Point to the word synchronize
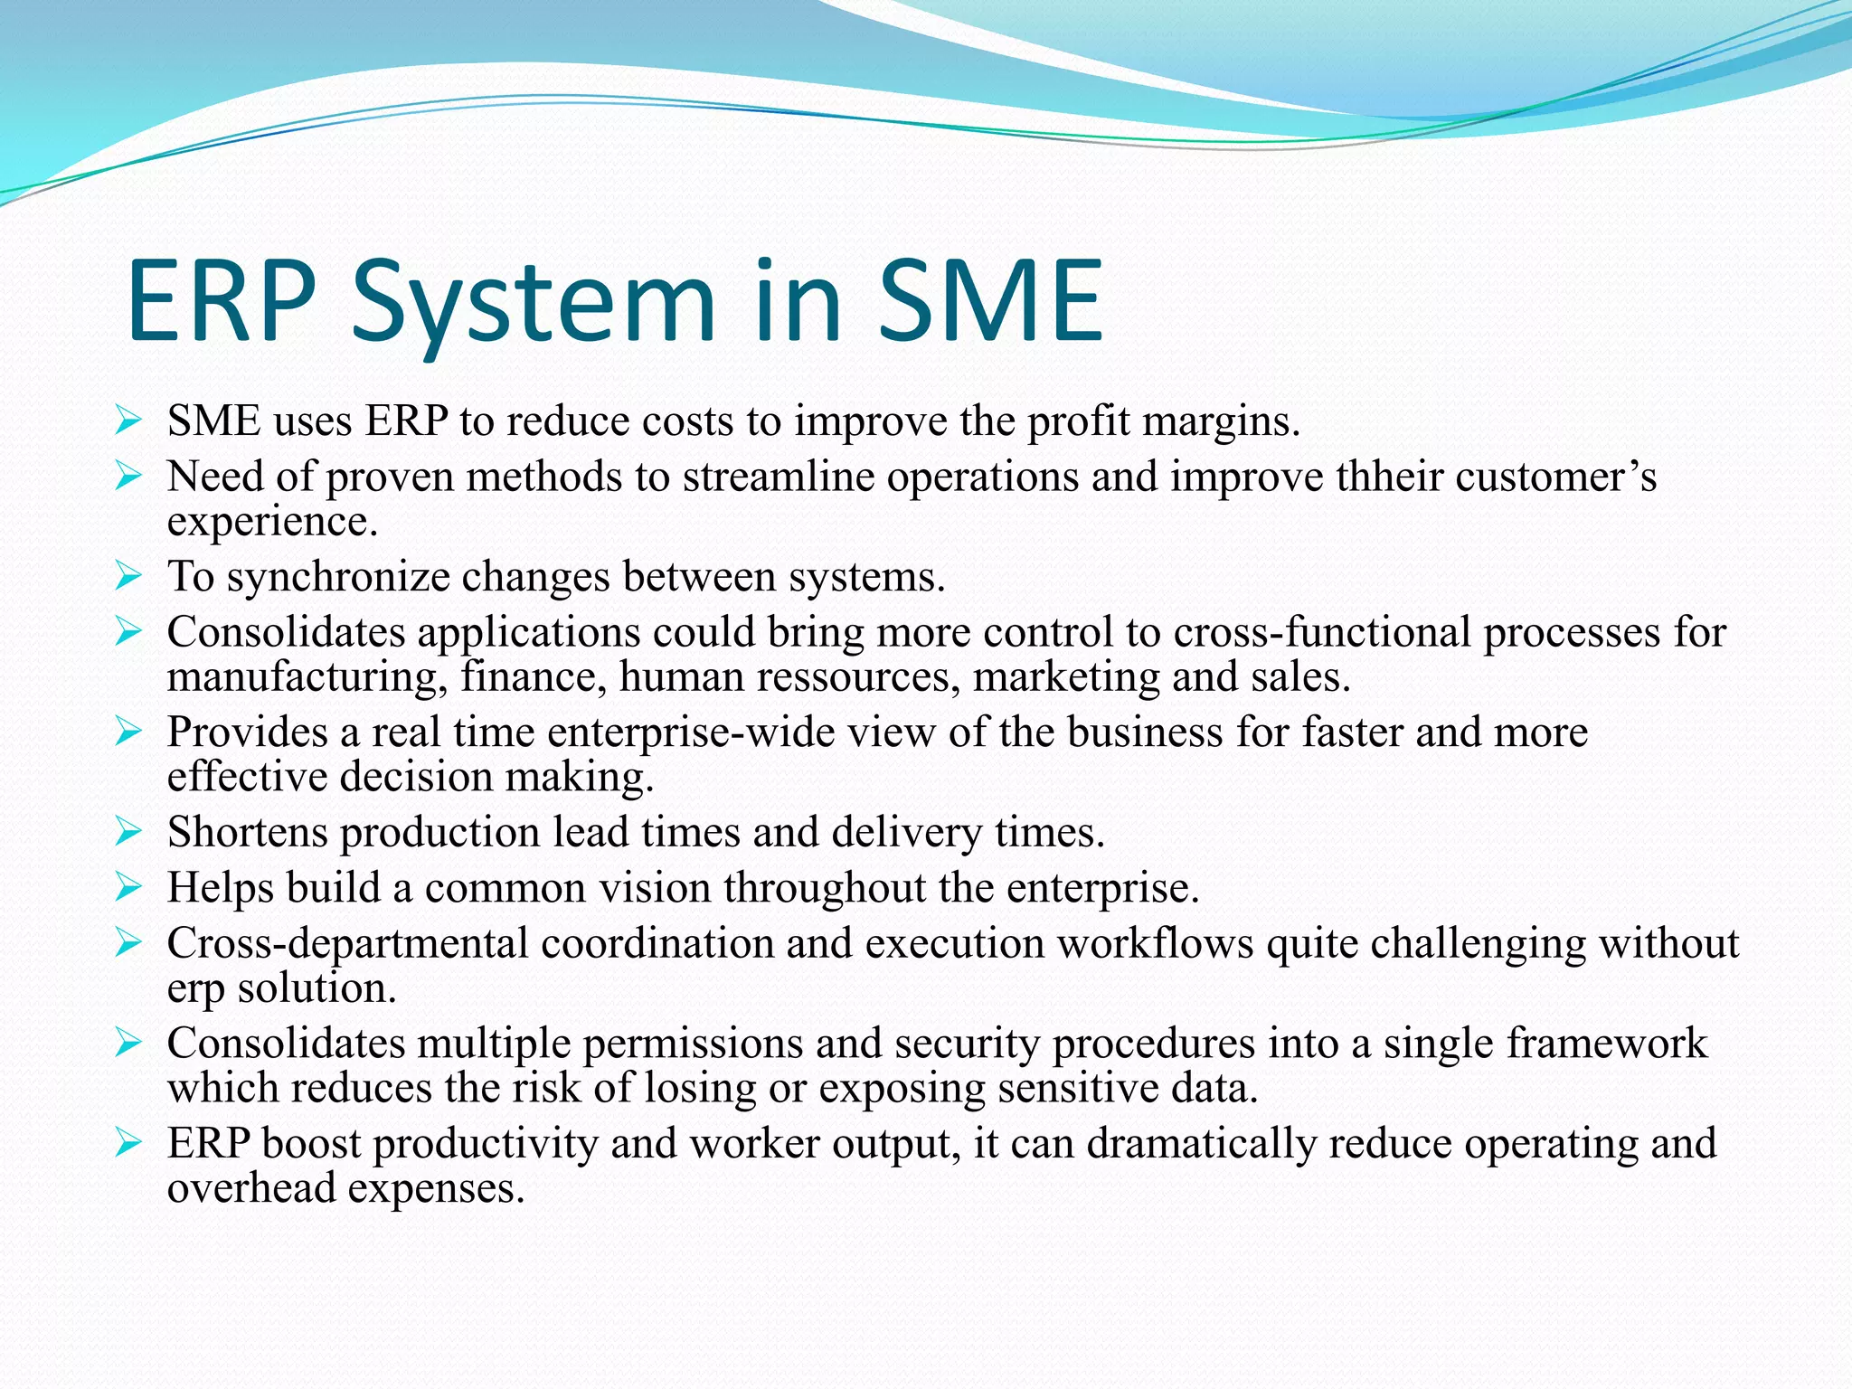pyautogui.click(x=337, y=578)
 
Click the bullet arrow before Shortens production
pyautogui.click(x=129, y=831)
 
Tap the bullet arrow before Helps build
pyautogui.click(x=129, y=887)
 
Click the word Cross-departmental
pyautogui.click(x=347, y=943)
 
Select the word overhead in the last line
pyautogui.click(x=251, y=1188)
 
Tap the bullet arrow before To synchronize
pyautogui.click(x=129, y=576)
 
